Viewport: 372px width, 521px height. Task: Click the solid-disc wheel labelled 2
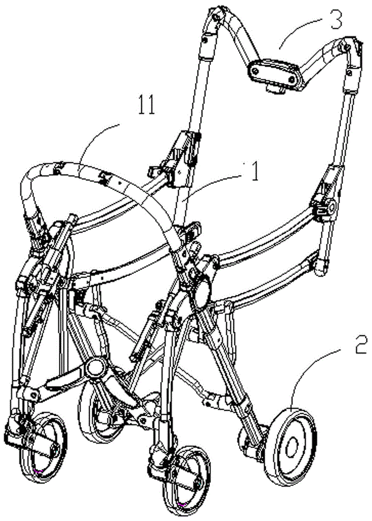[x=290, y=448]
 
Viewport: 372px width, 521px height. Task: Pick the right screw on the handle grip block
[x=291, y=79]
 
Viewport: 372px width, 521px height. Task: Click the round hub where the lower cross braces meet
[x=95, y=368]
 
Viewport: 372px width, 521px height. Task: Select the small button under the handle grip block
[x=275, y=89]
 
